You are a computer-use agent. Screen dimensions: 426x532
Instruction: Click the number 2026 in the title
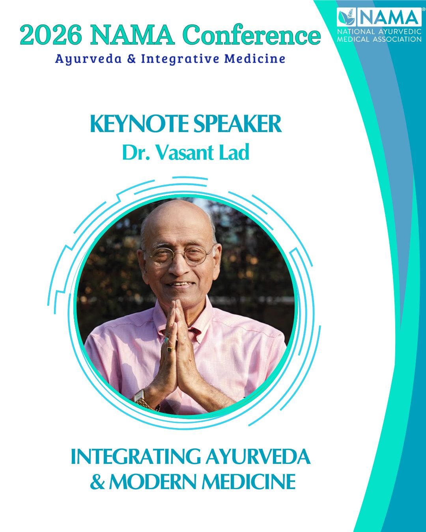(x=51, y=35)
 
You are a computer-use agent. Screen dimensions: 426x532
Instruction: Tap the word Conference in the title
(x=253, y=35)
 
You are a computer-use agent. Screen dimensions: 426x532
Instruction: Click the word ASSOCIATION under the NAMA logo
(x=397, y=39)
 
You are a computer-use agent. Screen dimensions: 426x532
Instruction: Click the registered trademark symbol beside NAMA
(x=424, y=9)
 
